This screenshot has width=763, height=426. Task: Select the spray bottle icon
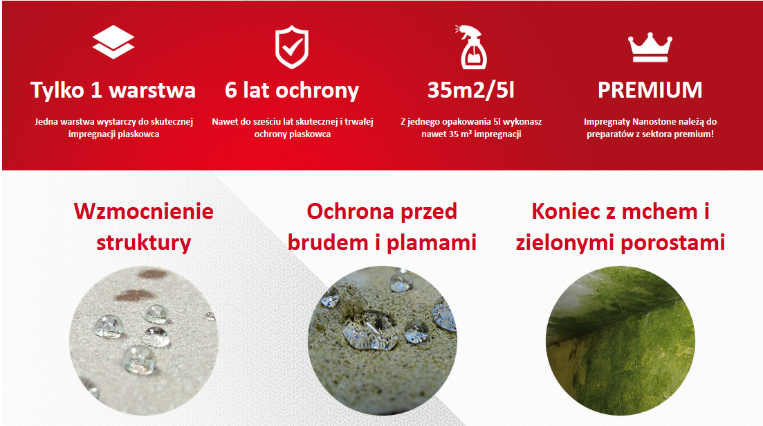pyautogui.click(x=471, y=47)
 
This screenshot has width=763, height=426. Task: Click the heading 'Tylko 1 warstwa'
pyautogui.click(x=113, y=90)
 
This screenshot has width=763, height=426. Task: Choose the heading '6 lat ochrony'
pyautogui.click(x=292, y=90)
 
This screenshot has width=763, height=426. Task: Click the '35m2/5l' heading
pyautogui.click(x=470, y=90)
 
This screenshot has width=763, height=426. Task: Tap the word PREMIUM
pyautogui.click(x=650, y=90)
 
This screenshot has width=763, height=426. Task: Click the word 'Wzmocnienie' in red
pyautogui.click(x=144, y=211)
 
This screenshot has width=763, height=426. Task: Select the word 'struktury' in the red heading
pyautogui.click(x=144, y=242)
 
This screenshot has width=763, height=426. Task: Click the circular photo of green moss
pyautogui.click(x=621, y=340)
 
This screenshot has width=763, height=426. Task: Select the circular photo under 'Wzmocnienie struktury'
pyautogui.click(x=144, y=340)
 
